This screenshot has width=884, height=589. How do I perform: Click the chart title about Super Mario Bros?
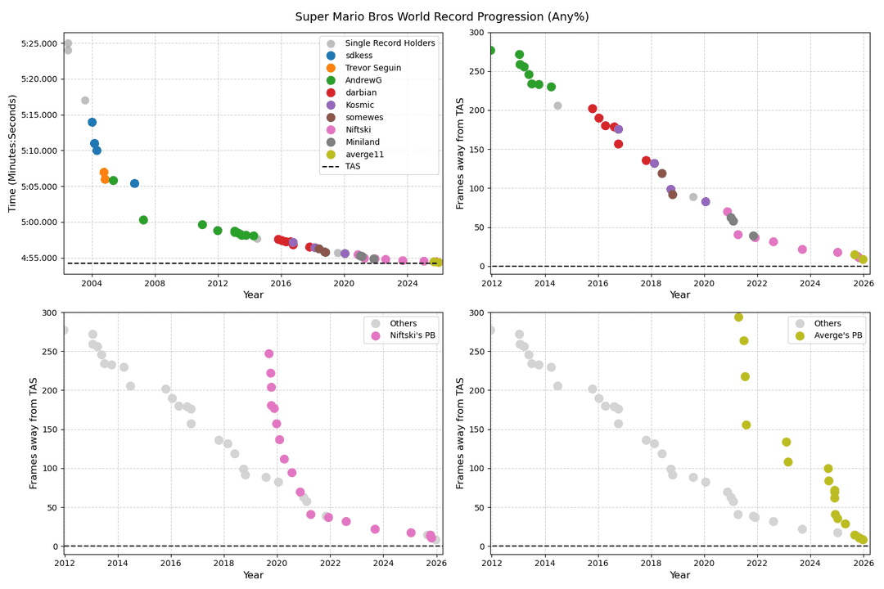[442, 16]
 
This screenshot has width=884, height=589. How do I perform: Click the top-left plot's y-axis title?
[12, 153]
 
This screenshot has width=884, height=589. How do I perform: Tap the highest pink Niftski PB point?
[268, 353]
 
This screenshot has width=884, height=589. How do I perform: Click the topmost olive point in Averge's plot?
[738, 317]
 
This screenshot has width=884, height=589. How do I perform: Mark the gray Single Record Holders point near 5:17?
[85, 101]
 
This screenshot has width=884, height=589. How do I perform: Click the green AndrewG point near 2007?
[143, 220]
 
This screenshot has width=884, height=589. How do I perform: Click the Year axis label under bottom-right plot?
[679, 575]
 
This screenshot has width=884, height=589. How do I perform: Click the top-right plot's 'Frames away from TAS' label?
[460, 153]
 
